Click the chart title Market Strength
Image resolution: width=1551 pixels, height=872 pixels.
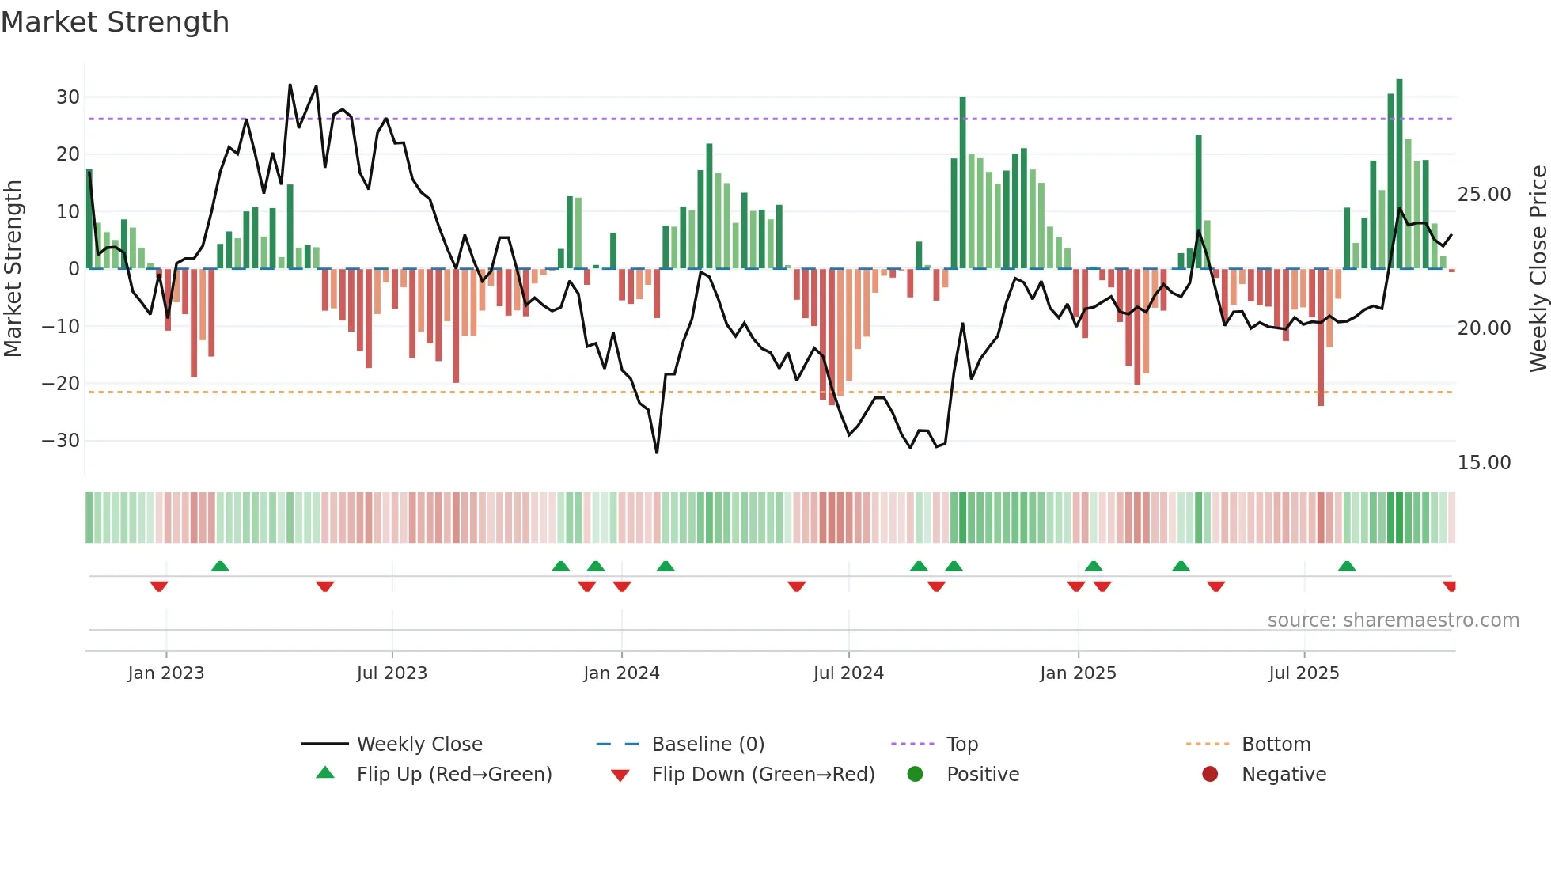(115, 22)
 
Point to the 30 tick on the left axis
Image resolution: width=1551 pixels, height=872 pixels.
(67, 97)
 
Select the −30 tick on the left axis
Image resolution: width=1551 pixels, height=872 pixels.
(61, 441)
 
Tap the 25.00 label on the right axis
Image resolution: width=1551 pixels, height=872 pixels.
(1484, 195)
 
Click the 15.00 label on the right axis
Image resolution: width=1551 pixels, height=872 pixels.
(1484, 463)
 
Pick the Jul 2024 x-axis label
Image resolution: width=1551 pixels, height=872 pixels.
(848, 673)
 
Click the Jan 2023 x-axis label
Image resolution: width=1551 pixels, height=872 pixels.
(165, 673)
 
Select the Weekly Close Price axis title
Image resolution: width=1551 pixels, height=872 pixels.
(1538, 268)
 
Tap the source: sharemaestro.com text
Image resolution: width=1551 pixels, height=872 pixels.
(1393, 620)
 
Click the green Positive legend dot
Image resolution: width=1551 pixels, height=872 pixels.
(915, 775)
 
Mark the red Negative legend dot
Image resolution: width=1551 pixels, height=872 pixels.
(1209, 775)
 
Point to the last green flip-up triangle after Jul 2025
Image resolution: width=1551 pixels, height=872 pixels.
(1347, 566)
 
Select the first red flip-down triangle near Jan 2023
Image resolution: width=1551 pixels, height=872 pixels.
(159, 586)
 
